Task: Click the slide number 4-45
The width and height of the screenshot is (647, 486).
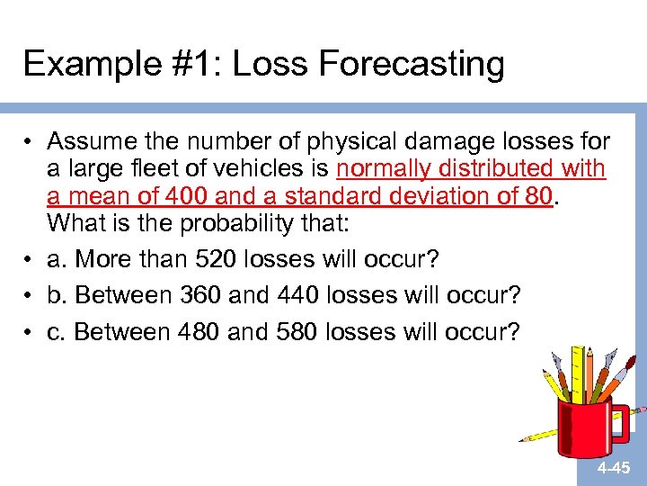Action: click(615, 469)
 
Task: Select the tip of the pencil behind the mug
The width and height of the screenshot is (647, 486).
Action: click(524, 440)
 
